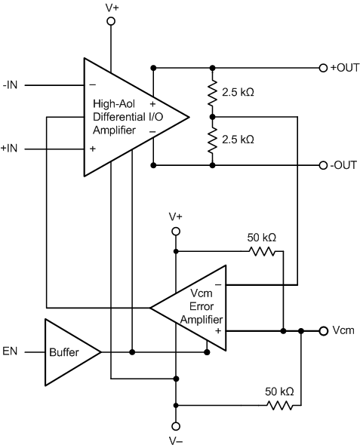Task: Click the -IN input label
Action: pos(11,85)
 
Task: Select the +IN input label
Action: pos(11,149)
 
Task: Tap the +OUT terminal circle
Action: pos(323,67)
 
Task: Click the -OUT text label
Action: pos(344,164)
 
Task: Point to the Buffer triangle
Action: pos(68,351)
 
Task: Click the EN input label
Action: pos(11,351)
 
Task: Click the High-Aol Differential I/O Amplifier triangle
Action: pos(128,117)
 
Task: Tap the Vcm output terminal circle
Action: pos(323,330)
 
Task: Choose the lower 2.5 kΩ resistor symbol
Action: pos(212,140)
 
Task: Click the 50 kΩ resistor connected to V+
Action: pos(262,251)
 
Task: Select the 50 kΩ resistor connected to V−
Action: pos(278,406)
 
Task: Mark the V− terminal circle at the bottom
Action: pos(176,426)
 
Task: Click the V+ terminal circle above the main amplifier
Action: pos(112,22)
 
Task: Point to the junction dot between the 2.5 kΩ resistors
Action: pos(212,116)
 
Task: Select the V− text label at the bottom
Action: pos(176,441)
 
